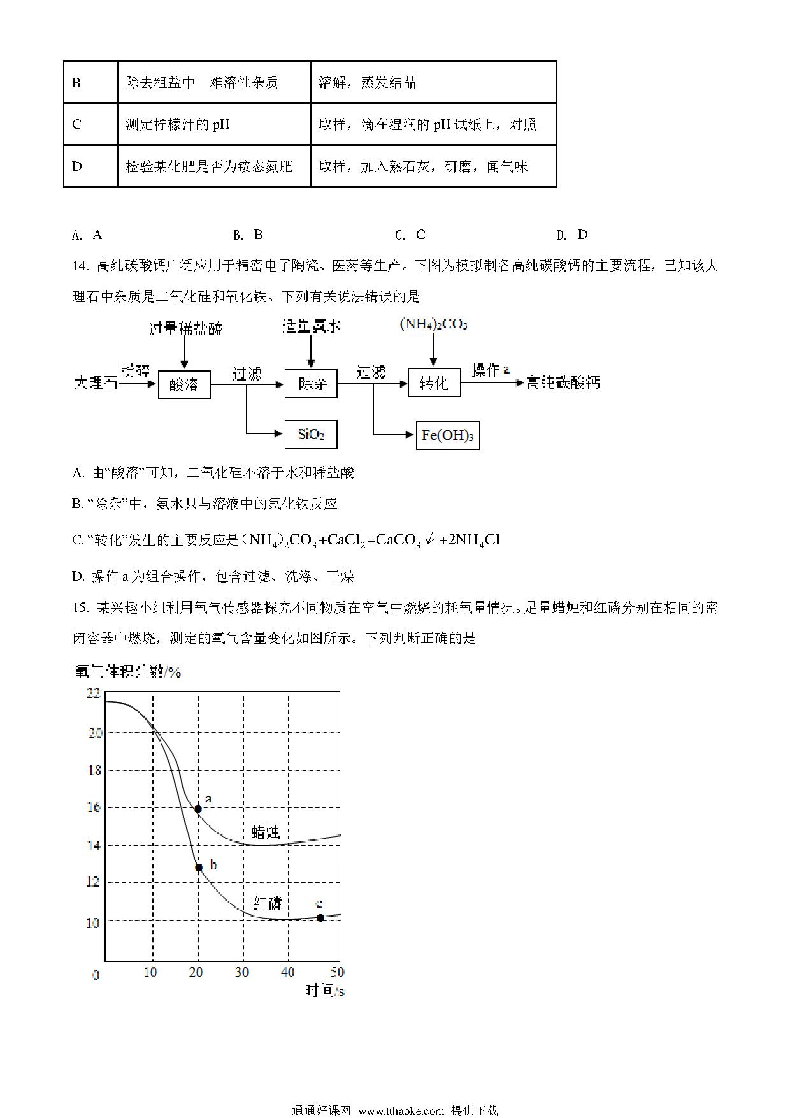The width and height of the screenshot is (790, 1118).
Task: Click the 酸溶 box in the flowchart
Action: pos(184,384)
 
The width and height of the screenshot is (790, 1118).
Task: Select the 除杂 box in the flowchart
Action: pos(311,384)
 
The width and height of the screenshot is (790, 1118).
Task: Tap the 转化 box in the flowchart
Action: pos(434,383)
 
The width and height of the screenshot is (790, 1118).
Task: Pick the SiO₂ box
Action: pos(311,435)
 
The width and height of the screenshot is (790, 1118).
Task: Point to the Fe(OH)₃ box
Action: pos(447,436)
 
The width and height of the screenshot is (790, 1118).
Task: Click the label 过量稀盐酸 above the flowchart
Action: pos(185,329)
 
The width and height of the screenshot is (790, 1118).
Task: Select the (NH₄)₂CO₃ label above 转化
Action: pos(433,324)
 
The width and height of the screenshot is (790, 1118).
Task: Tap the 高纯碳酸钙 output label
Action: pos(563,383)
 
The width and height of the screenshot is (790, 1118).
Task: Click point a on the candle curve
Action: pos(198,809)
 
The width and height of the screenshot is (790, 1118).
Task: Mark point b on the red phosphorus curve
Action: pos(199,868)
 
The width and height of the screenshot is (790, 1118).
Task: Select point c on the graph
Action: pos(320,918)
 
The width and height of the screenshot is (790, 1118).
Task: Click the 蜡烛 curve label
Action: pos(266,831)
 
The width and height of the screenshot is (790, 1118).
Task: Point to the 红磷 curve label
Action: pos(267,903)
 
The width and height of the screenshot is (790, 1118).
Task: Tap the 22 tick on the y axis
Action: pos(94,693)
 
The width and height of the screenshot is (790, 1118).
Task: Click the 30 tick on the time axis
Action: pos(242,972)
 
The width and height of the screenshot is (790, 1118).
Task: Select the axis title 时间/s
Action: pos(324,991)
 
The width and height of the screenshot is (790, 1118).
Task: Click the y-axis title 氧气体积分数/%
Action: pos(128,672)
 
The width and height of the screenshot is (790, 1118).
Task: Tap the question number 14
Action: pos(80,266)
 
